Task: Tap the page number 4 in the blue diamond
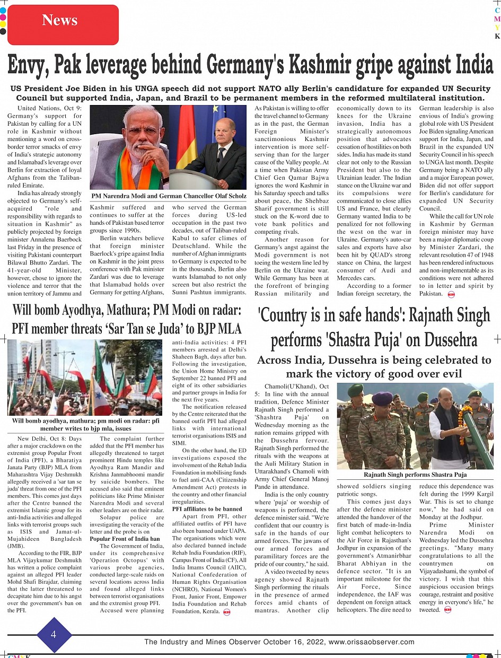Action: click(54, 635)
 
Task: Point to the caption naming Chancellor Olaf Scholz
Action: click(169, 196)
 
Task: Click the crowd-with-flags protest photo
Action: click(85, 377)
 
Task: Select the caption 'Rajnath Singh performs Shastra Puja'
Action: click(415, 475)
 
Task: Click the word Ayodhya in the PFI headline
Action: click(92, 310)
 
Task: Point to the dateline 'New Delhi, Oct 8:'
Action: click(49, 439)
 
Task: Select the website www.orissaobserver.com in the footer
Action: click(371, 642)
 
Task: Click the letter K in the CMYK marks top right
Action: click(497, 37)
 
